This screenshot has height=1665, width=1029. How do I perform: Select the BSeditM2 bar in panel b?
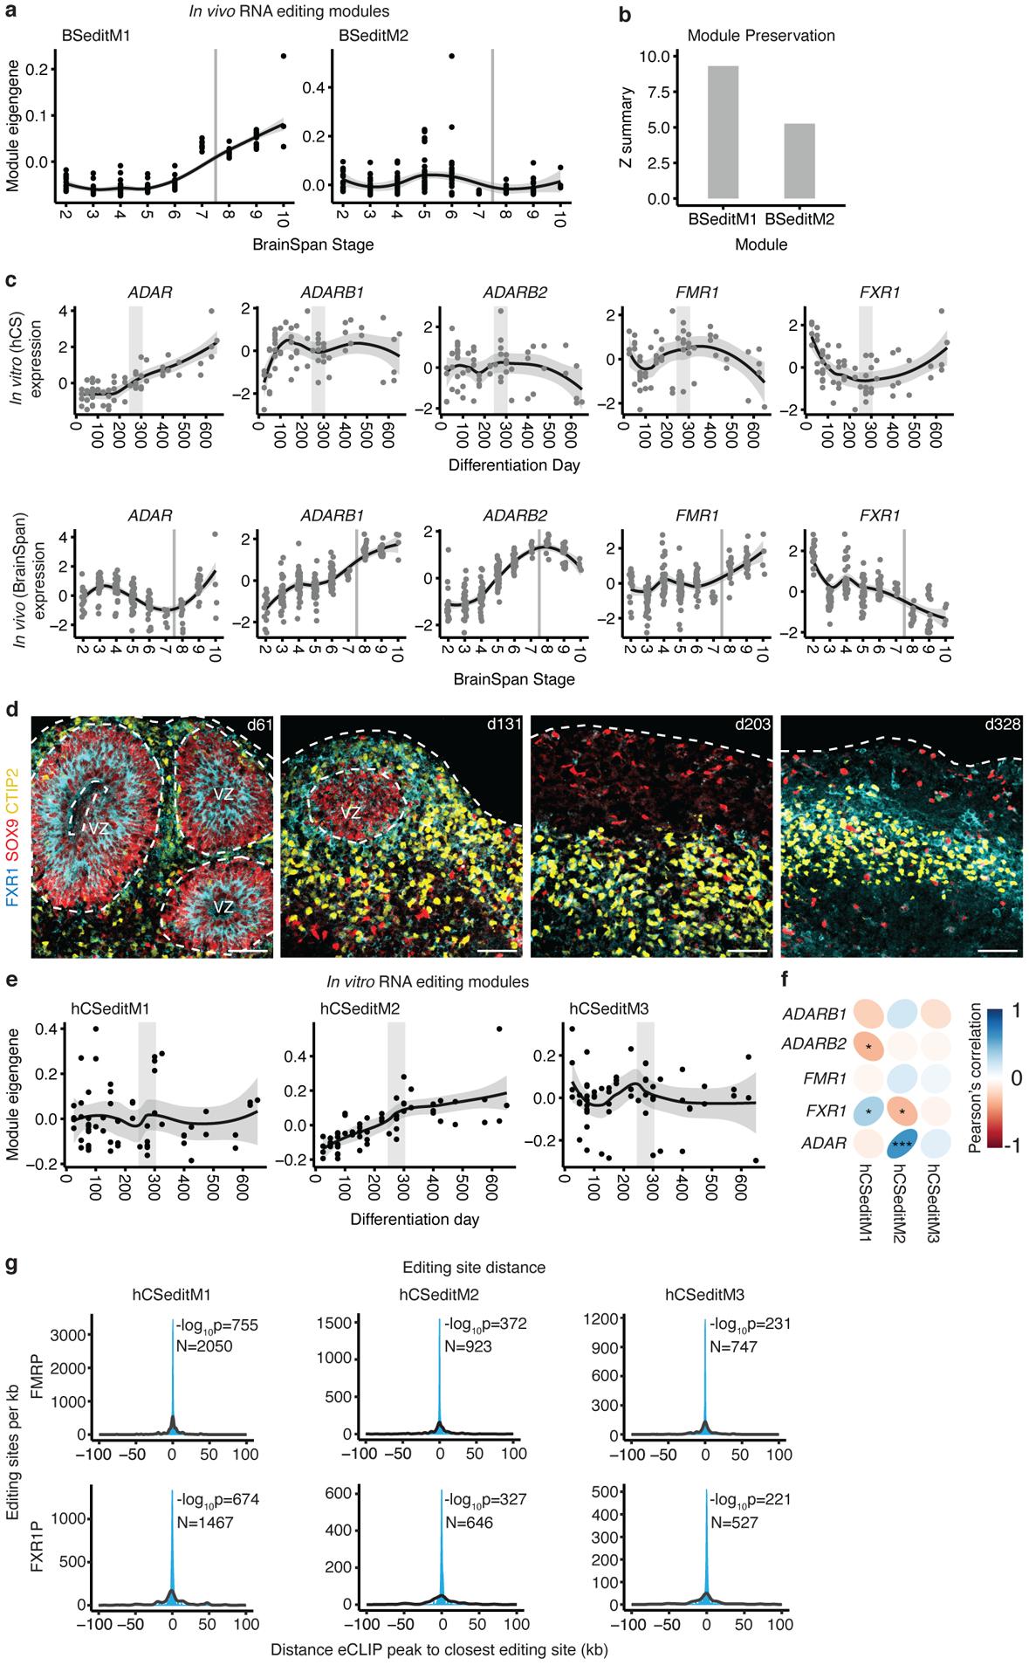coord(799,162)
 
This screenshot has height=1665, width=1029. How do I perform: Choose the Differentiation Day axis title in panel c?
coord(513,465)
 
